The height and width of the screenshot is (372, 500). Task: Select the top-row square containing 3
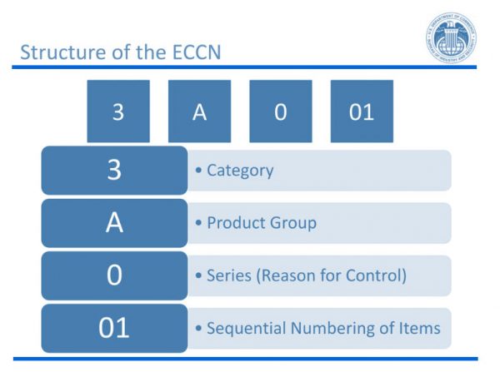click(117, 112)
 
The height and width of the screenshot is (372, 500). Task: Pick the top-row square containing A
click(199, 112)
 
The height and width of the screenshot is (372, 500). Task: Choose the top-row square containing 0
click(280, 112)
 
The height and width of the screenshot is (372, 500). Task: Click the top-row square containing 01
click(361, 112)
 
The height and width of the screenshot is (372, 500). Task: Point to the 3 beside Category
click(114, 171)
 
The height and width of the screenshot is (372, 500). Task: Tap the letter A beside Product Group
click(114, 223)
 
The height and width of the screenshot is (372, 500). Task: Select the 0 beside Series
click(114, 275)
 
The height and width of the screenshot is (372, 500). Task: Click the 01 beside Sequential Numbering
click(114, 328)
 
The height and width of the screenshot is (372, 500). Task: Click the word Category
click(240, 171)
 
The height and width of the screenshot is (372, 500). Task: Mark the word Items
click(418, 328)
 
